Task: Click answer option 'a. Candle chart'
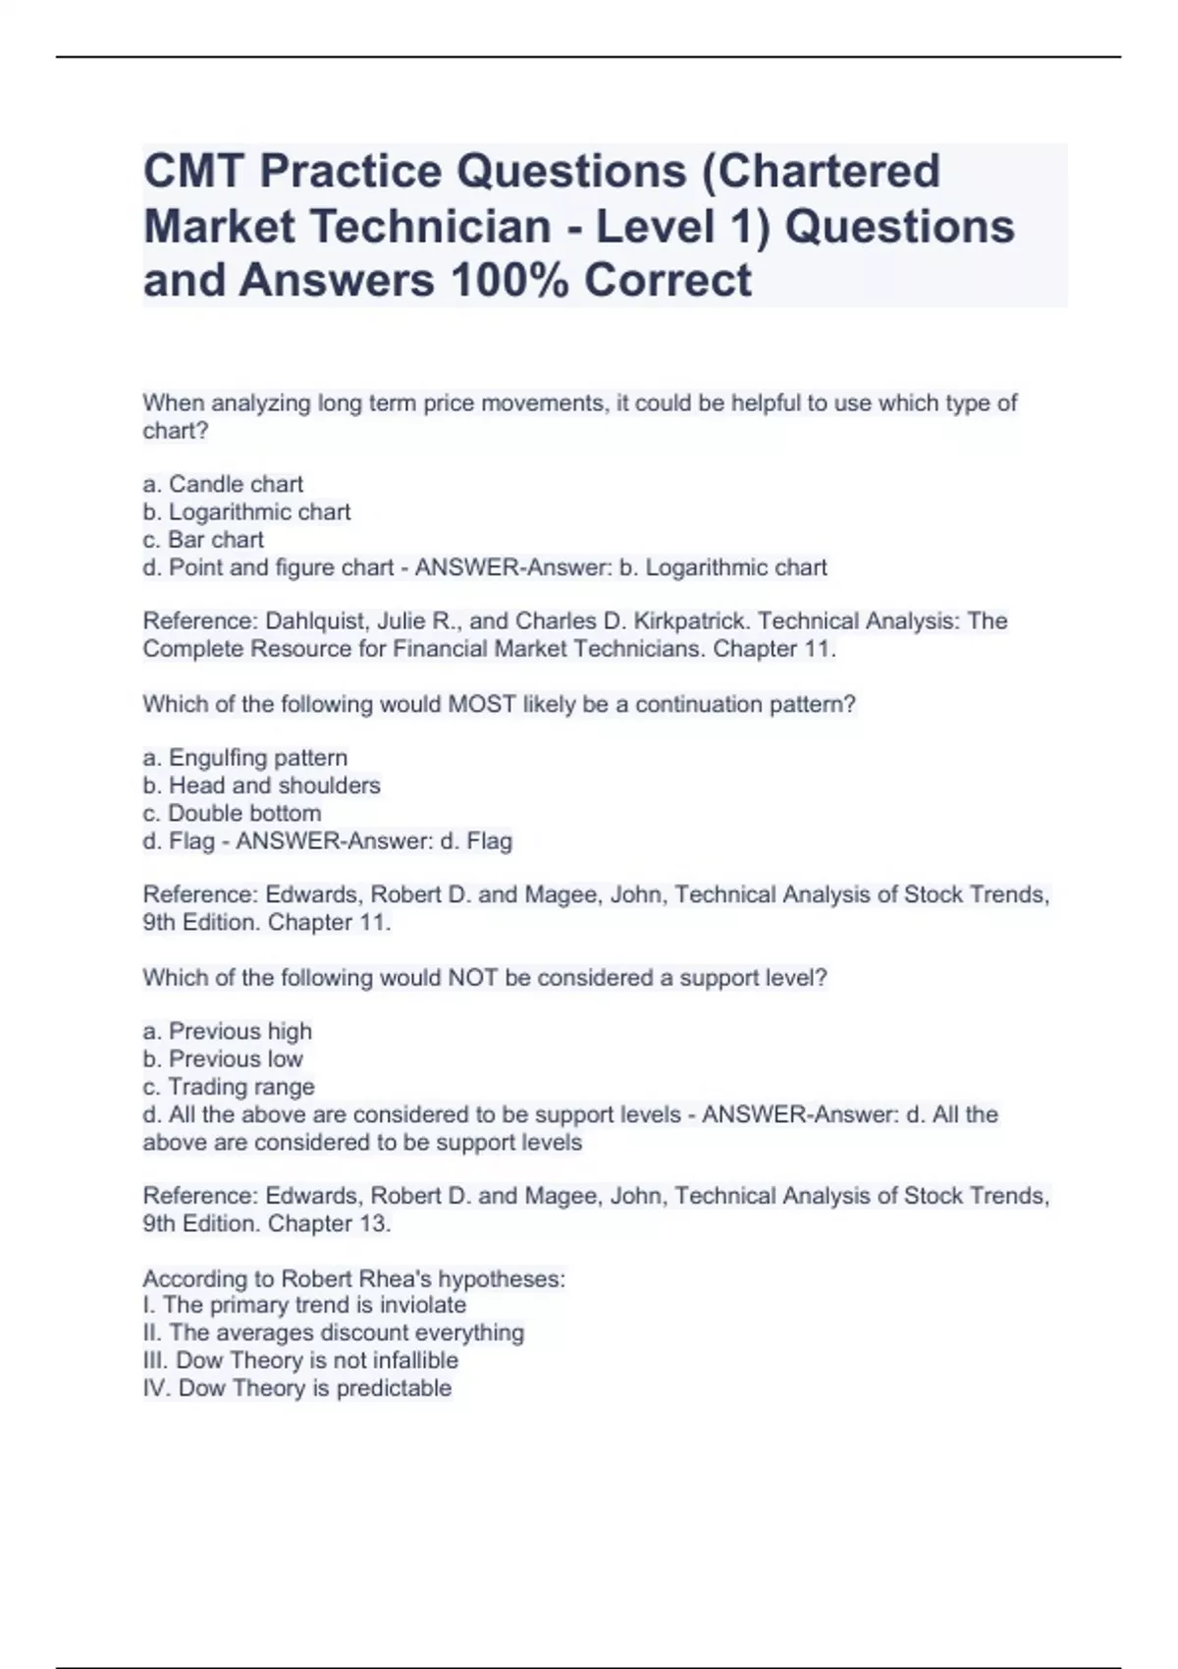click(223, 484)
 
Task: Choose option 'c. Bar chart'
click(203, 539)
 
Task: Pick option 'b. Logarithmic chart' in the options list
click(246, 511)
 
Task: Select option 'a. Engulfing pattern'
click(245, 758)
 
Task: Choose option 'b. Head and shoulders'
click(261, 785)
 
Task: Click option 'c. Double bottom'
click(232, 813)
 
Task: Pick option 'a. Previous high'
click(228, 1031)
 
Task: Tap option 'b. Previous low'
click(223, 1058)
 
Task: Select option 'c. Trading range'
click(229, 1087)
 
